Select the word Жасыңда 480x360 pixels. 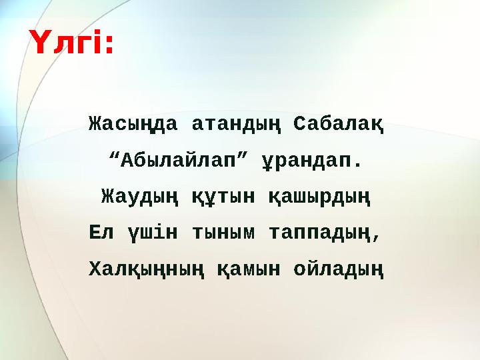[133, 125]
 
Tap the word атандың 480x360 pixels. [235, 125]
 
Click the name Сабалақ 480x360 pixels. [338, 124]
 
